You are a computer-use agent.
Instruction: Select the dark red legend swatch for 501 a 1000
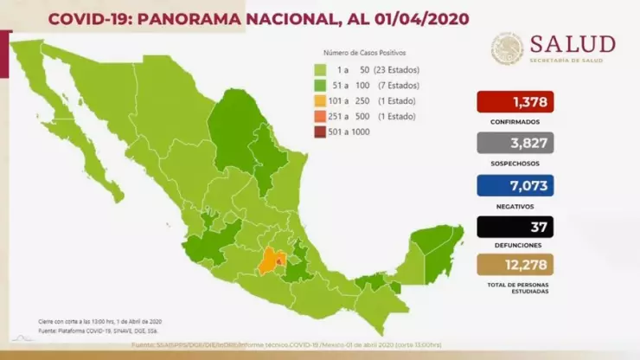319,131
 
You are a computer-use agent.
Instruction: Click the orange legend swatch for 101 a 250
319,101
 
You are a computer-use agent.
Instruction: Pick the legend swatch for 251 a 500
319,116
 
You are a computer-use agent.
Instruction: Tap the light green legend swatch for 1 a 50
319,71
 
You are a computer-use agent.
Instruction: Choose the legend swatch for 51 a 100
319,86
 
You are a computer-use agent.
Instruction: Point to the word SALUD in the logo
573,43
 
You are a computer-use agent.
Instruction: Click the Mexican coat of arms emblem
508,49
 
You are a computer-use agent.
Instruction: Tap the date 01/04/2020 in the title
418,18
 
